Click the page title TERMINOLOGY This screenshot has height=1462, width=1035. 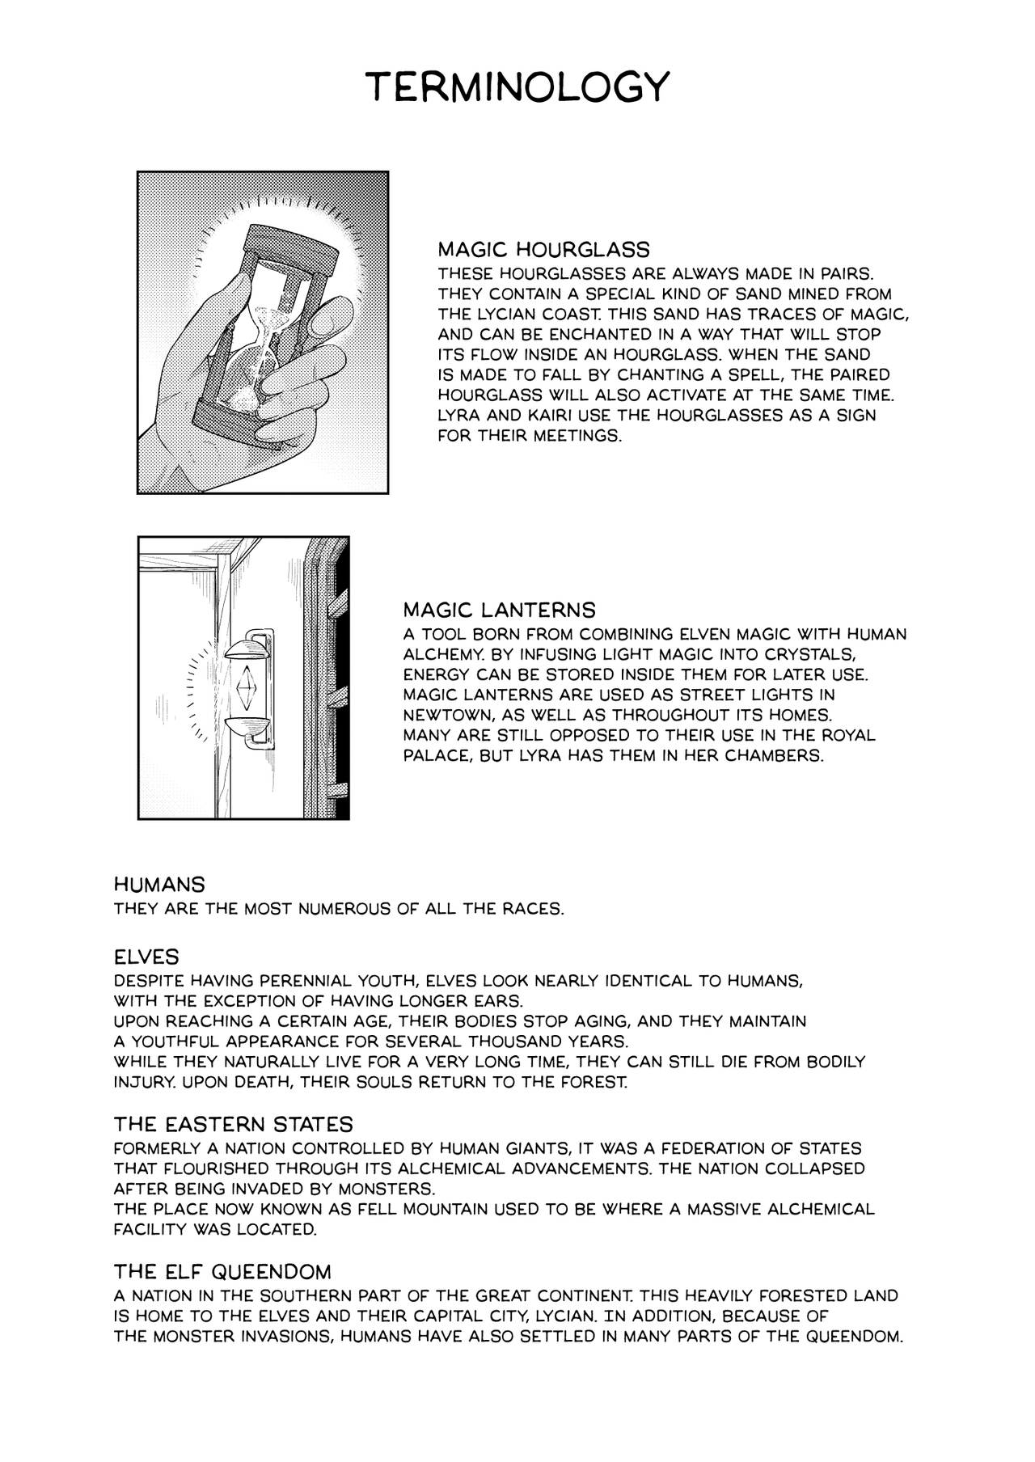[517, 86]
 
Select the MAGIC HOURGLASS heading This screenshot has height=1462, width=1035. [543, 249]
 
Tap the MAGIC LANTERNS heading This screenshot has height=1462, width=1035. [499, 609]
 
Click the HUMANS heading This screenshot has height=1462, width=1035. [159, 884]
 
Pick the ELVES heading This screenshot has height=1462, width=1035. [146, 957]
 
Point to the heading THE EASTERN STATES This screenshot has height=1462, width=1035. [233, 1125]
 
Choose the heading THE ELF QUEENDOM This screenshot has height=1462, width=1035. [222, 1270]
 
